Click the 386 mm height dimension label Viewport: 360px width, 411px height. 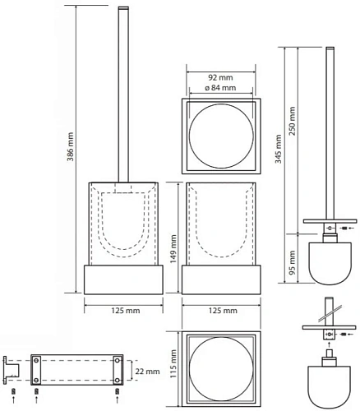(x=71, y=146)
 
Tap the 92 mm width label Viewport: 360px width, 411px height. (x=220, y=77)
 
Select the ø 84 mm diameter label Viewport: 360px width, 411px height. (x=220, y=88)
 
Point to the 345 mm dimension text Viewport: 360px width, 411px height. (x=279, y=149)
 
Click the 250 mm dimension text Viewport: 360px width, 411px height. (x=293, y=121)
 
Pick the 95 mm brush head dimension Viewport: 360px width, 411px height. (x=293, y=263)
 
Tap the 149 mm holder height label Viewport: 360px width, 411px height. (x=173, y=249)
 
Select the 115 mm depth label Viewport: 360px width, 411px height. (x=173, y=363)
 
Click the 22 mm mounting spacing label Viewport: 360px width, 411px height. (x=147, y=372)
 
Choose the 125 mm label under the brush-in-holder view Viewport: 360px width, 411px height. (x=126, y=311)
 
